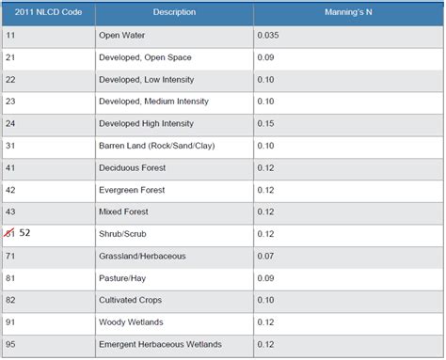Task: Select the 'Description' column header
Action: (174, 12)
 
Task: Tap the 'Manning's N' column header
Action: (348, 12)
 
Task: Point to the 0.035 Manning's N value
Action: (270, 35)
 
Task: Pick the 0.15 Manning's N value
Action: (267, 123)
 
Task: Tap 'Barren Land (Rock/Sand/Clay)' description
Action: (156, 145)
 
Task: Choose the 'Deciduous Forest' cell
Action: (132, 167)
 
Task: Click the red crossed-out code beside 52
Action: (10, 233)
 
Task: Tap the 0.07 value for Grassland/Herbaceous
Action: (267, 256)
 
